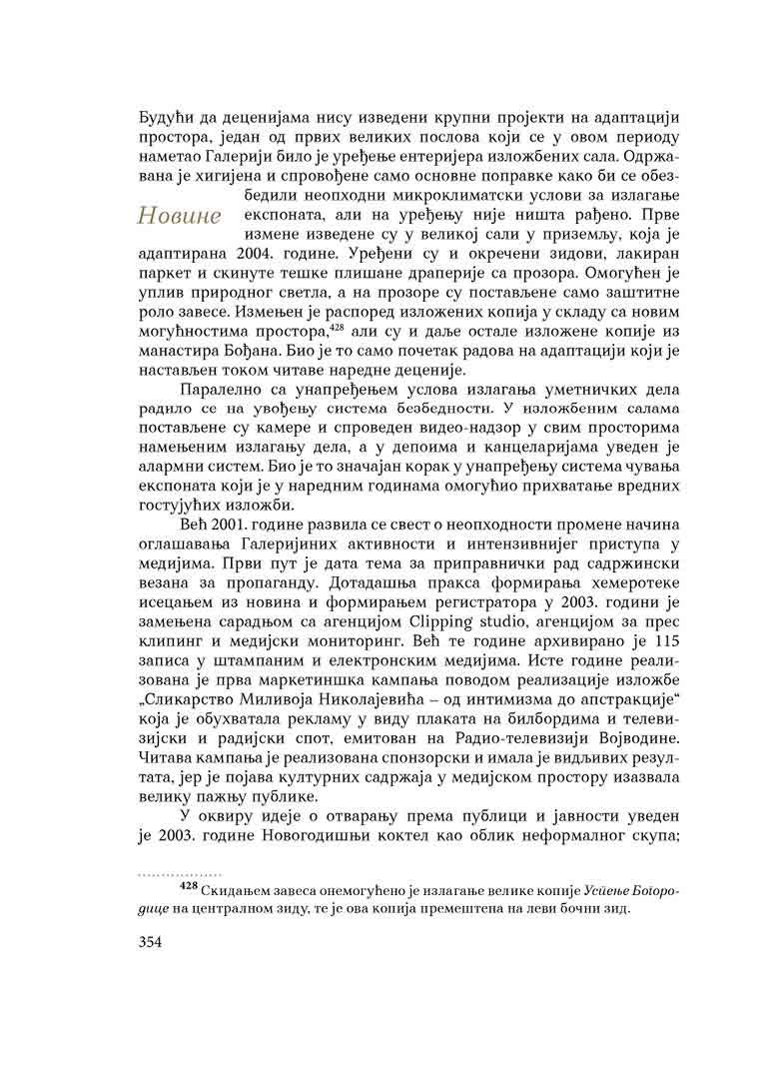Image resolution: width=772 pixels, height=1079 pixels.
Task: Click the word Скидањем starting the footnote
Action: pyautogui.click(x=238, y=888)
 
